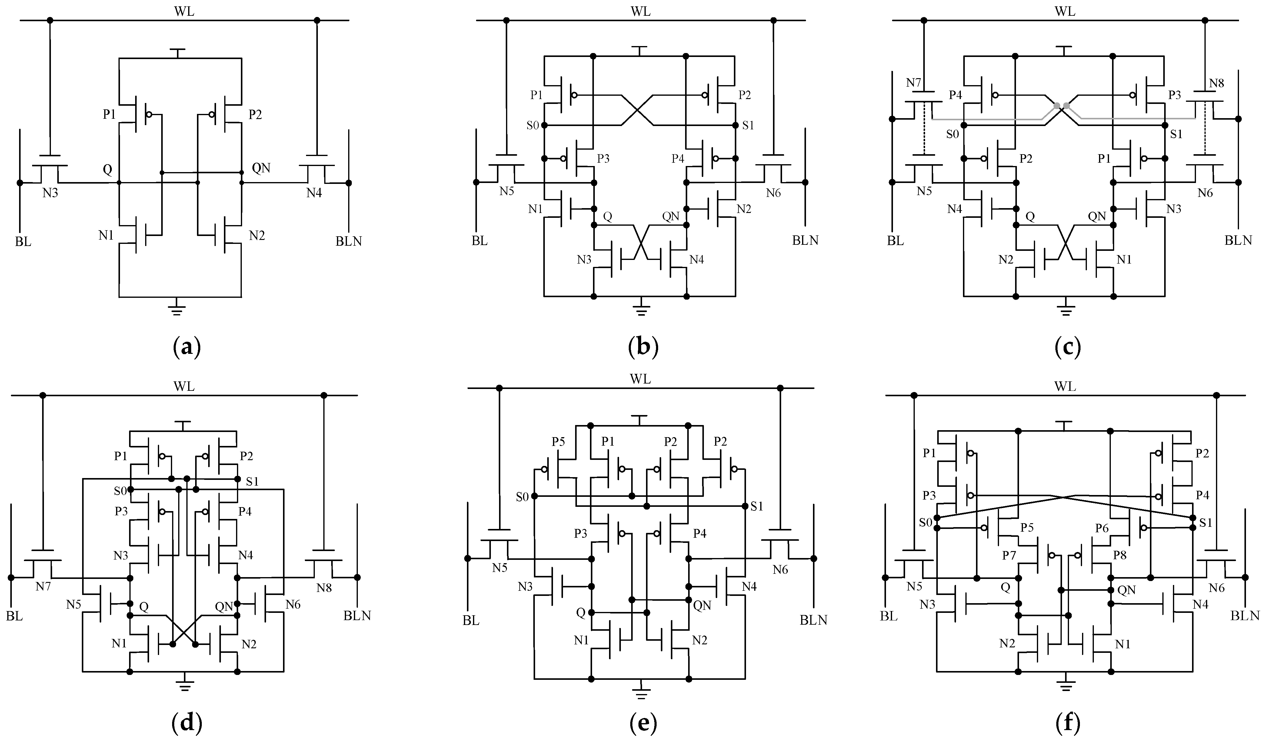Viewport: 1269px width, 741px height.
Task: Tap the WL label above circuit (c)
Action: pos(1064,11)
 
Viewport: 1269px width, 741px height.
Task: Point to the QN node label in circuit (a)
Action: pos(261,168)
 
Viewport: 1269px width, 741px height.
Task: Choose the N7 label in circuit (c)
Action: pos(914,83)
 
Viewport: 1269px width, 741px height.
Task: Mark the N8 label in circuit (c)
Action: pos(1216,83)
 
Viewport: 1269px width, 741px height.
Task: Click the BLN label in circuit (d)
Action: pos(357,615)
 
